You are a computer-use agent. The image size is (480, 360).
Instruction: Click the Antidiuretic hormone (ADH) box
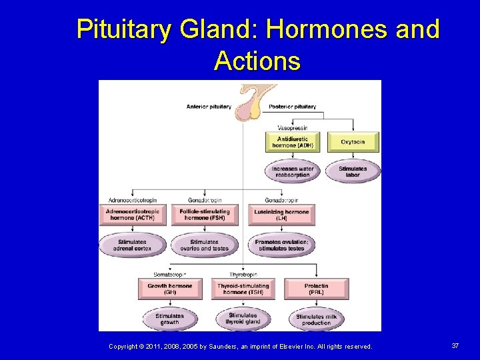(x=293, y=142)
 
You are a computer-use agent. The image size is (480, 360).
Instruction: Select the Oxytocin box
(x=353, y=142)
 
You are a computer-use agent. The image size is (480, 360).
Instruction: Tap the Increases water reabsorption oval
(x=293, y=172)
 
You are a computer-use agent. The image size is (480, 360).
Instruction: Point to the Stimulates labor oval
(x=353, y=172)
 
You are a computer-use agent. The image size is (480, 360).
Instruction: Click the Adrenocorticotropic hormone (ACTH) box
(x=131, y=215)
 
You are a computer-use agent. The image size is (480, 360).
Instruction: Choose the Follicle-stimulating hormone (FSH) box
(x=205, y=215)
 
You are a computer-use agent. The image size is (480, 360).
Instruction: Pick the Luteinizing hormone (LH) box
(x=281, y=215)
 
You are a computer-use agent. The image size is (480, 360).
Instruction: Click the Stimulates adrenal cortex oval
(x=131, y=245)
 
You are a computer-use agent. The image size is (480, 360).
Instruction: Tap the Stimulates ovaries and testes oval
(x=205, y=245)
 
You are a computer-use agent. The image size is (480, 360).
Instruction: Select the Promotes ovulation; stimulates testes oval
(x=281, y=245)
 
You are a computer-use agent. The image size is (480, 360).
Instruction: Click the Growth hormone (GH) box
(x=169, y=289)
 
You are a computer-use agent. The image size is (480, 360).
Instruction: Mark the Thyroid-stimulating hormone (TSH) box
(x=243, y=289)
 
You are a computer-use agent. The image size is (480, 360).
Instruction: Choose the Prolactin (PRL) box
(x=316, y=289)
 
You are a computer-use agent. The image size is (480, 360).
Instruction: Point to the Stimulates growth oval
(x=169, y=319)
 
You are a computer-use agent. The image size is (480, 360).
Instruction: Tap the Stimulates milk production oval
(x=316, y=319)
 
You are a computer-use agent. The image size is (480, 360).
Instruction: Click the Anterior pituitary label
(x=209, y=107)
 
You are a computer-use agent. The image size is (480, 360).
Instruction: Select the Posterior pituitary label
(x=292, y=107)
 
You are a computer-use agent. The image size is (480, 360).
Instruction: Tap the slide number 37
(x=455, y=345)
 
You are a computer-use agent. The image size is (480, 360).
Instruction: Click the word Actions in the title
(x=257, y=61)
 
